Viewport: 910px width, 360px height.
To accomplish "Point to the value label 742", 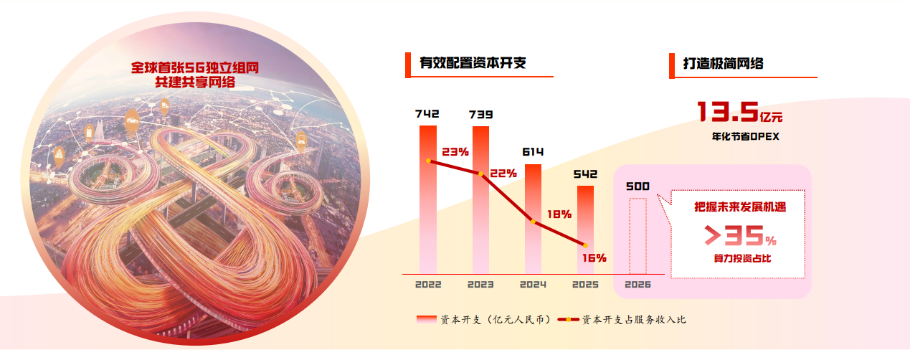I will click(x=427, y=114).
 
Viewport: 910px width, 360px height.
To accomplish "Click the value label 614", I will click(x=533, y=152).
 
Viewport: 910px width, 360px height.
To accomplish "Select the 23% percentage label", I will click(x=455, y=152).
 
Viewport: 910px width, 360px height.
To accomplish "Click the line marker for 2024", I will click(x=533, y=221).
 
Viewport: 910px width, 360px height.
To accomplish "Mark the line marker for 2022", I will click(x=428, y=161).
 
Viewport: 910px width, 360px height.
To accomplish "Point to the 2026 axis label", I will click(x=638, y=285).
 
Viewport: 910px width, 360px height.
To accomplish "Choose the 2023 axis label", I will click(x=480, y=285).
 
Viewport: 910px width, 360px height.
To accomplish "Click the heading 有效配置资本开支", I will click(x=473, y=63).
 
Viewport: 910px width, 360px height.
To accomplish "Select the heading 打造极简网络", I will click(x=723, y=63).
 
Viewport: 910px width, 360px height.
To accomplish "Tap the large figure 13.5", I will click(x=728, y=112).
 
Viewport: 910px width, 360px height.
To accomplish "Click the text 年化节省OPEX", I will click(x=740, y=136).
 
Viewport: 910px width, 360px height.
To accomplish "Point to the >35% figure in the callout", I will click(x=739, y=236).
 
